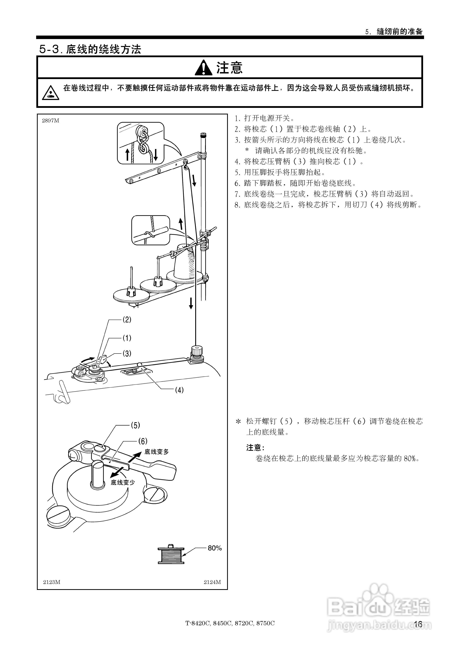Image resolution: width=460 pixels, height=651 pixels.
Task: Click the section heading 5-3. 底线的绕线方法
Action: coord(90,49)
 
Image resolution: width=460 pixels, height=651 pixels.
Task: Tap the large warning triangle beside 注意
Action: coord(203,68)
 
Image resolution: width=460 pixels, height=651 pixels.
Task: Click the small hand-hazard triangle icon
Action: coord(50,93)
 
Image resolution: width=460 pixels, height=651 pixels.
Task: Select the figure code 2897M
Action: coord(50,120)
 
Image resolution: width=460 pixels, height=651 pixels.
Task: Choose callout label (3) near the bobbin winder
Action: coord(127,353)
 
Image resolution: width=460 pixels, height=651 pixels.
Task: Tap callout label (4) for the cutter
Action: coord(179,390)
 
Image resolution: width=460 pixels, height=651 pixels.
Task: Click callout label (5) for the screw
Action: coord(135,425)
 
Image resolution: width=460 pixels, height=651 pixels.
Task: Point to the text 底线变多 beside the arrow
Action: coord(157,452)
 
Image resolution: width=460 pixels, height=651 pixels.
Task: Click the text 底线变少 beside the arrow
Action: coord(123,482)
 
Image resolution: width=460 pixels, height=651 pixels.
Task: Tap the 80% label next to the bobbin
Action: coord(215,548)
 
